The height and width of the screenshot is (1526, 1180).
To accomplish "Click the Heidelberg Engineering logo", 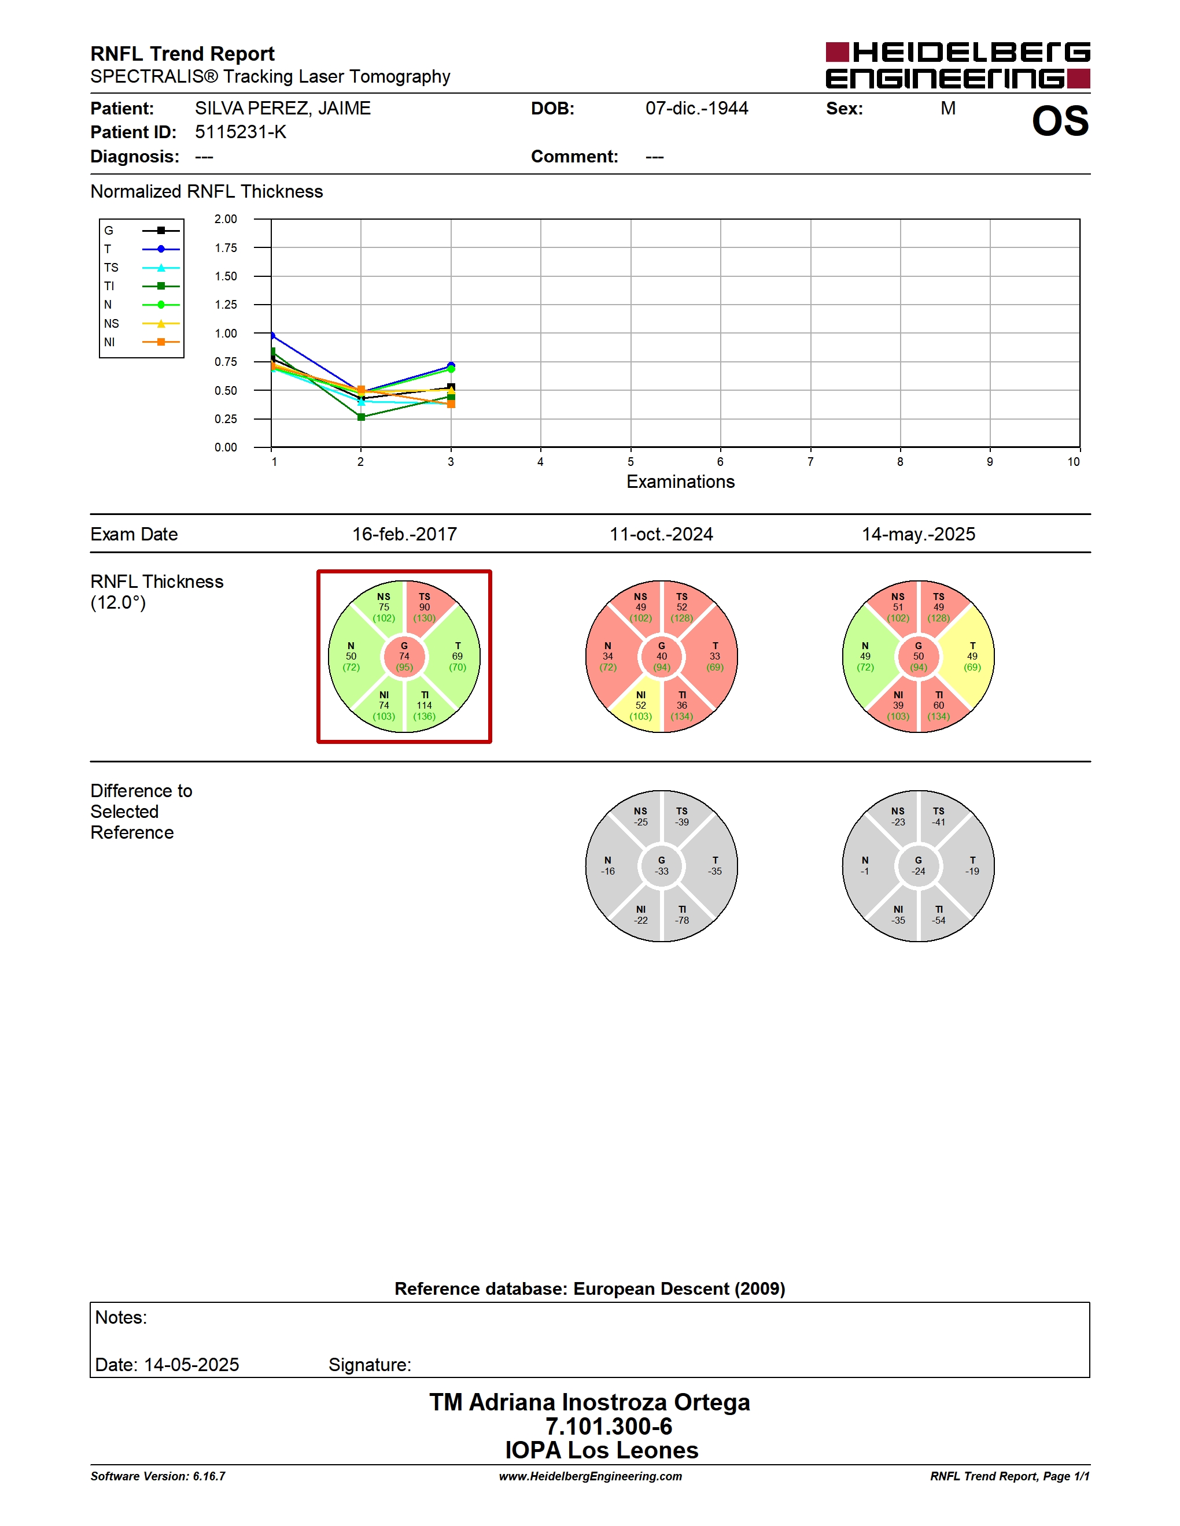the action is (x=958, y=65).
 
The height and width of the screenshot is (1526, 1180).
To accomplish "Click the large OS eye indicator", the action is (x=1060, y=121).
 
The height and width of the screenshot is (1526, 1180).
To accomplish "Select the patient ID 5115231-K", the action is (x=241, y=132).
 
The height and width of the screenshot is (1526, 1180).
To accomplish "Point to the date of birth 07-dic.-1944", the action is (x=696, y=108).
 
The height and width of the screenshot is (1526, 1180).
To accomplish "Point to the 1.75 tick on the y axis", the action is (x=226, y=248).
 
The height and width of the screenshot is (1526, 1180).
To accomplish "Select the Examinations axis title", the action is (x=680, y=481).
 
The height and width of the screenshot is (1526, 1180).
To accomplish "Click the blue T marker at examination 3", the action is (x=451, y=365).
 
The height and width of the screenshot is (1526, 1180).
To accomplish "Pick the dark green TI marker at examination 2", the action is (x=362, y=417).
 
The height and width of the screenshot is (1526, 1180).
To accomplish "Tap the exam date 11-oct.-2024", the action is (x=661, y=534).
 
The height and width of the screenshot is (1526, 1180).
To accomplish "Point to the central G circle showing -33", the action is (x=661, y=866).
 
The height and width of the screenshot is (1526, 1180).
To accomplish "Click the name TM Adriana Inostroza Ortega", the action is (x=589, y=1402).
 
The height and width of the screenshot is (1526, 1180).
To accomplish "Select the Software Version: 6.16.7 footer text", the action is (x=158, y=1476).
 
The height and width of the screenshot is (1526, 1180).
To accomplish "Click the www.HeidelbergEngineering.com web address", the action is (x=590, y=1476).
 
